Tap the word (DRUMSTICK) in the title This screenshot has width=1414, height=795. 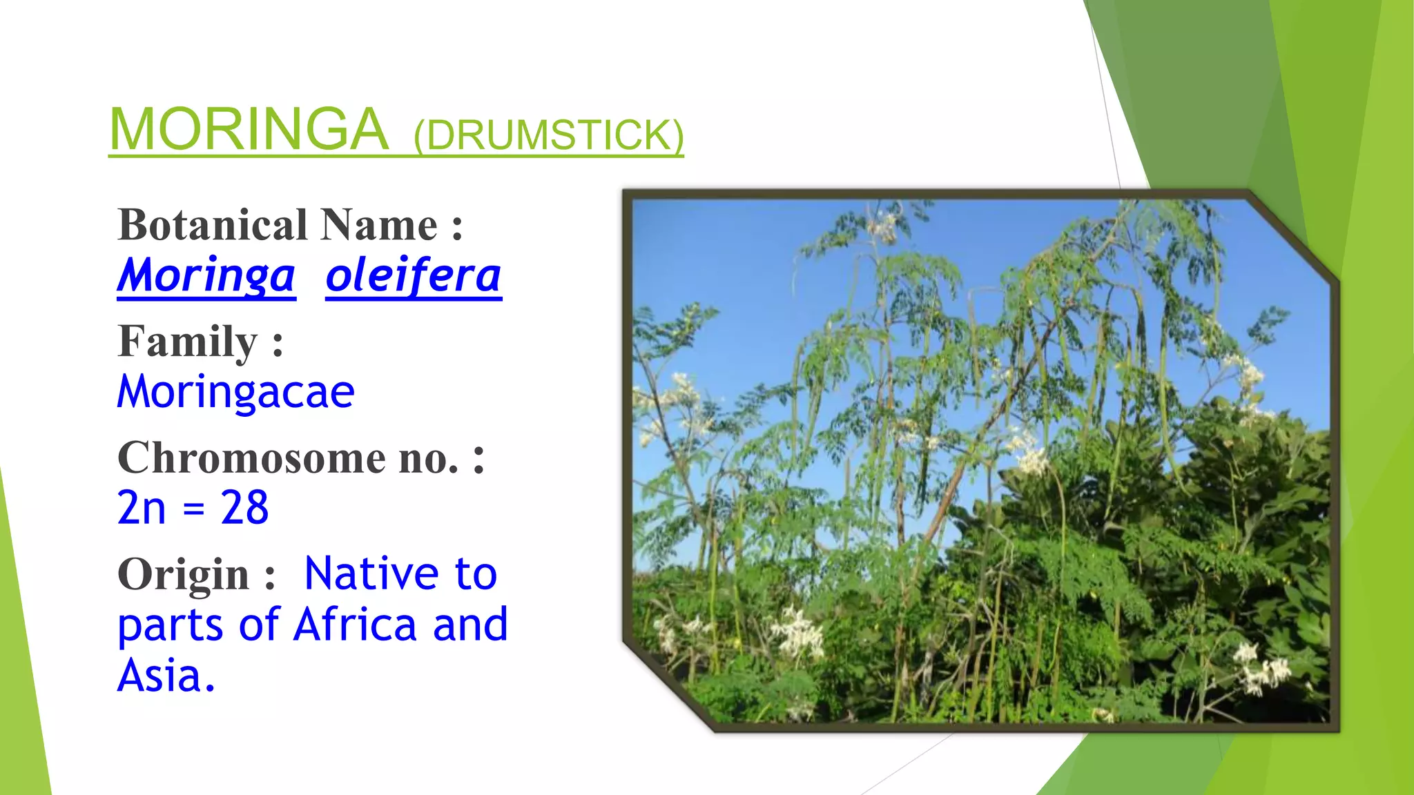548,135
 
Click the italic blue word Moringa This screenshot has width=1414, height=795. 206,275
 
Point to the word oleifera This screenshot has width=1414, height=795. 413,275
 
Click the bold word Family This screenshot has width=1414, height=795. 188,342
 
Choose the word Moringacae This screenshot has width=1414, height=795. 235,391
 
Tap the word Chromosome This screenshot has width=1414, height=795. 252,458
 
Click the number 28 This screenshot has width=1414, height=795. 244,508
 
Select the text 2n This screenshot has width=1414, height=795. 142,508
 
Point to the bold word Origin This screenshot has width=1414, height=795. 184,574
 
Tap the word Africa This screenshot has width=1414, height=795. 355,625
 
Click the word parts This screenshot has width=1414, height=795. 170,626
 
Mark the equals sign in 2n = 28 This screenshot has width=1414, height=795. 194,509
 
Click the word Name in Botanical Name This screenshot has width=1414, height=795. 378,225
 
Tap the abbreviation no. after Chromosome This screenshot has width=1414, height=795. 428,458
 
